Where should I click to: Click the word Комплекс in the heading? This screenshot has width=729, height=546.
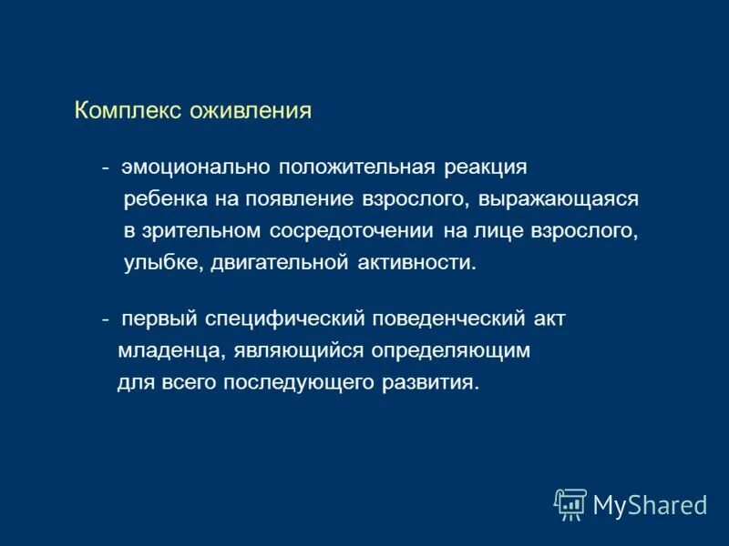click(128, 111)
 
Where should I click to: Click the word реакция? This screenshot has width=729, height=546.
click(486, 168)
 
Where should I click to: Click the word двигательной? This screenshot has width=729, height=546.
click(282, 263)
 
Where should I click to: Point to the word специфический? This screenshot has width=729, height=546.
click(287, 319)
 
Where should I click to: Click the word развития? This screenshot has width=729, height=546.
click(430, 382)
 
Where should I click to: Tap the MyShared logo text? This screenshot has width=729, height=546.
click(650, 504)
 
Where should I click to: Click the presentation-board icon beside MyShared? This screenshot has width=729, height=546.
click(570, 504)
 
